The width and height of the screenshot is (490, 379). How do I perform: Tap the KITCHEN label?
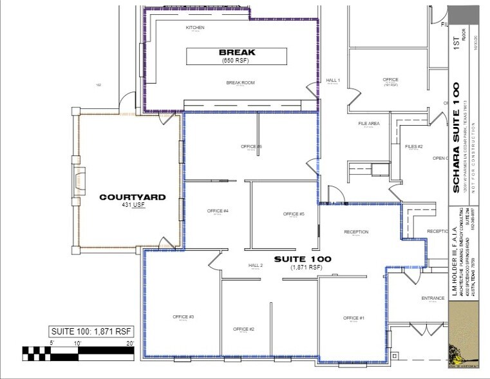tap(195, 28)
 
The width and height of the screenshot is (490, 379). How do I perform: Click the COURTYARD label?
tap(132, 197)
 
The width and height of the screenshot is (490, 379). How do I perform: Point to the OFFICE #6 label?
tap(251, 147)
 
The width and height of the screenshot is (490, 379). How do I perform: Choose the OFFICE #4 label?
tap(218, 211)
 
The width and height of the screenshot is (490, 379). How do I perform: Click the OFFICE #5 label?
tap(293, 214)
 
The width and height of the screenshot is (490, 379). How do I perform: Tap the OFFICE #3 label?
tap(184, 316)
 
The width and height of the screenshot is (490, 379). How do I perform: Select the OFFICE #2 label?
tap(243, 329)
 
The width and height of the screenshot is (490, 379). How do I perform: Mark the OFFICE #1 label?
tap(353, 318)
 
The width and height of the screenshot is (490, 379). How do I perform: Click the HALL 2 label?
tap(257, 266)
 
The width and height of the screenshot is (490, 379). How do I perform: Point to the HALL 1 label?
tap(333, 80)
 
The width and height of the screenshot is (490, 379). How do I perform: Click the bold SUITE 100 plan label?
tap(302, 258)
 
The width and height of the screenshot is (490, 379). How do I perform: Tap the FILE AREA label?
tap(369, 123)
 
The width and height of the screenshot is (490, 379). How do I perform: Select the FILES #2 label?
tap(413, 146)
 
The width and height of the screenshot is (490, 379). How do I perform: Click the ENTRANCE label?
tap(433, 298)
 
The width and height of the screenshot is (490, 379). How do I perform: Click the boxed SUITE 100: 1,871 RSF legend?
tap(91, 332)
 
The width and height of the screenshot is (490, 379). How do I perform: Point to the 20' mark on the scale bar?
tap(129, 344)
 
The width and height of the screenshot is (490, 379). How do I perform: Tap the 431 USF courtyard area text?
tap(132, 206)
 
